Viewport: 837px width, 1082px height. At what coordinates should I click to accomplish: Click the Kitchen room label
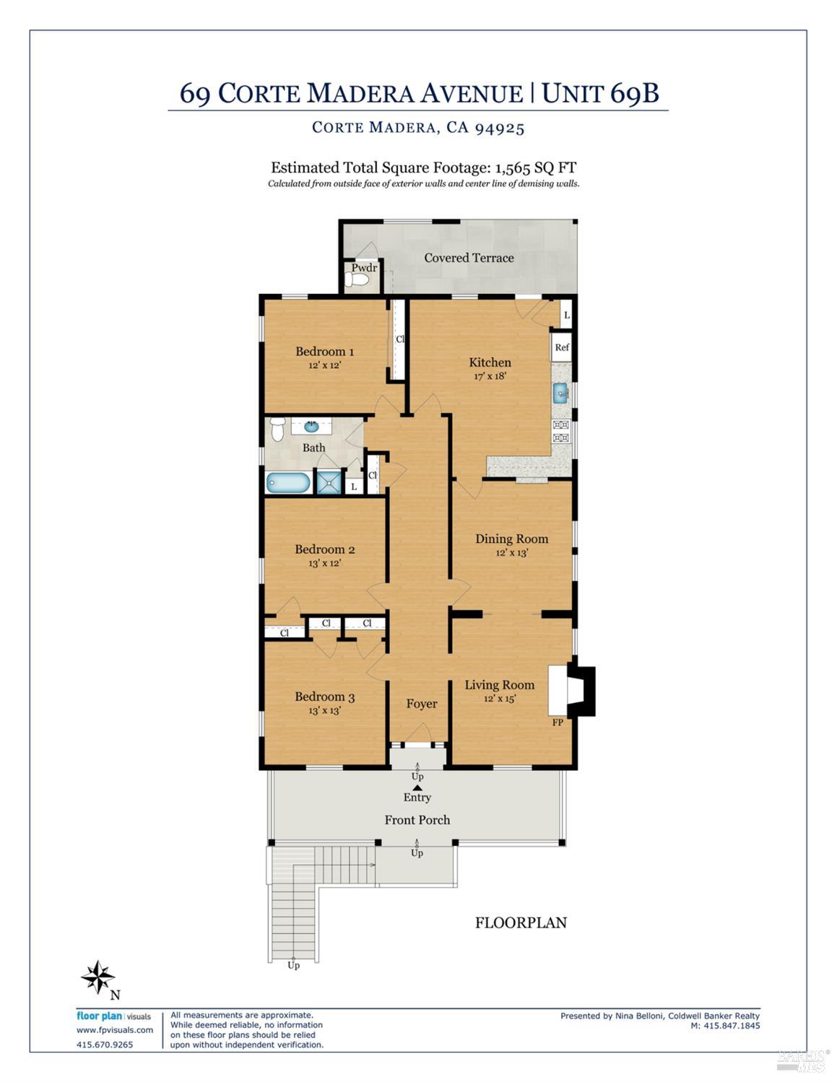(490, 362)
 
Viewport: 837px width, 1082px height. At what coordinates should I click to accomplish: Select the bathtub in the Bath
(288, 482)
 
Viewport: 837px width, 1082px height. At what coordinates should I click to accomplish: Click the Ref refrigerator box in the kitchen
(562, 347)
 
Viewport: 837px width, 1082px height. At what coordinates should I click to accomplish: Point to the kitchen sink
(561, 393)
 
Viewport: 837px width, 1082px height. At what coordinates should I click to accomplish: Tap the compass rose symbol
(97, 978)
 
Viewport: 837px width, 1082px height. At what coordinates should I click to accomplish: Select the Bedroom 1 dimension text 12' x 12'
(324, 365)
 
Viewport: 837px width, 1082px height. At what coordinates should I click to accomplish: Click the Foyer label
(421, 704)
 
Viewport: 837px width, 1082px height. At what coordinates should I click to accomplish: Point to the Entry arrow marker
(417, 787)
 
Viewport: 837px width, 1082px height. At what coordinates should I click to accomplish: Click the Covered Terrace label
(469, 258)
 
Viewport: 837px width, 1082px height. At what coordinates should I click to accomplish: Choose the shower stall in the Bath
(329, 482)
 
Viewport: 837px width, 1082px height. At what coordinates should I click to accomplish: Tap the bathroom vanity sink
(311, 426)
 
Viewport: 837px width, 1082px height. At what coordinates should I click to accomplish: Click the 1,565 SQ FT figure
(534, 167)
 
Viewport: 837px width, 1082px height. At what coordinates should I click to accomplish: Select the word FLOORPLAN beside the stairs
(521, 922)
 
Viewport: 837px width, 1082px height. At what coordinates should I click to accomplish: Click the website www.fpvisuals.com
(115, 1030)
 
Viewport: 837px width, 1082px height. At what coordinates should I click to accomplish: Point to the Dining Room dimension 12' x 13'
(511, 553)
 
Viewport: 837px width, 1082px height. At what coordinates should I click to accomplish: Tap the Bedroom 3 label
(324, 697)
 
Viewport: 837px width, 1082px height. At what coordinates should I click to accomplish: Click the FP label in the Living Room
(558, 722)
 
